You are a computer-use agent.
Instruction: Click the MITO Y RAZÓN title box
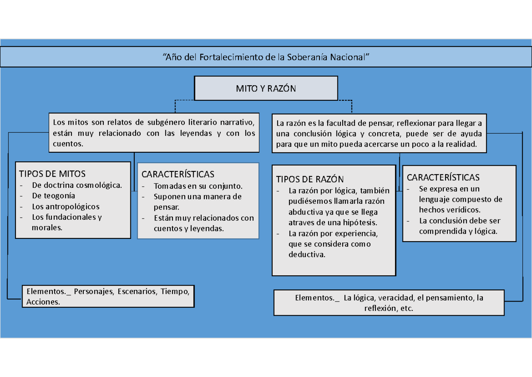266,88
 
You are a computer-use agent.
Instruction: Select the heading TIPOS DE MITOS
51,174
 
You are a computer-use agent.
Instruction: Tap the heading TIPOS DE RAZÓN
309,179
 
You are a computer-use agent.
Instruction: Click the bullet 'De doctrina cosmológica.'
77,185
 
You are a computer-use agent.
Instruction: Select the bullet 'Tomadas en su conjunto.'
198,186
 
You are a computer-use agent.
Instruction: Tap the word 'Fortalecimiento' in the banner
230,57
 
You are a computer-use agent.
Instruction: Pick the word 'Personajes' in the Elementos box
93,292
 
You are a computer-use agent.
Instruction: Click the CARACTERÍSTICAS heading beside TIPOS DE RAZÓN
443,178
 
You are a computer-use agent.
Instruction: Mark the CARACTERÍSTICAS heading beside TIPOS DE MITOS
178,174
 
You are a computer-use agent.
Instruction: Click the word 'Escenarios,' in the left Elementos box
137,292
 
